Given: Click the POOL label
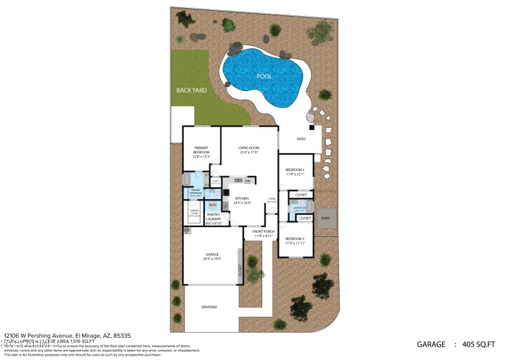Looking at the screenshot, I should [264, 76].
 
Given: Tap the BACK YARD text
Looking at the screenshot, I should [192, 90].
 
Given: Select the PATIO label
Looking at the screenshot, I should [301, 139].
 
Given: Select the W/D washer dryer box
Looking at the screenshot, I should [213, 205].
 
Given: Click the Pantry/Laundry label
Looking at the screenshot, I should [213, 217].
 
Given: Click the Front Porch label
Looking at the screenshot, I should [263, 233].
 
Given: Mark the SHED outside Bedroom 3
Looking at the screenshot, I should [326, 218].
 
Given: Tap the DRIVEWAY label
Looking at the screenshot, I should [210, 307].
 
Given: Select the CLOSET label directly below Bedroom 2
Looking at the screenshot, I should [301, 195].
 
